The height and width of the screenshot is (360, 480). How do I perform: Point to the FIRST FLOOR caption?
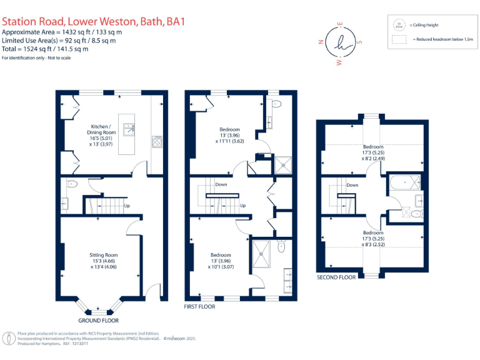click(x=199, y=307)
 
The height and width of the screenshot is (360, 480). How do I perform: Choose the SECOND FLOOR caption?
click(x=337, y=277)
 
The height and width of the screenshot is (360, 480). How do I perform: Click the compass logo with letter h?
click(x=340, y=43)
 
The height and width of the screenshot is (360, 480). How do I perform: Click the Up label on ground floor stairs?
click(x=127, y=206)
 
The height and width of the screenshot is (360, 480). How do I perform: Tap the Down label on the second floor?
click(x=352, y=185)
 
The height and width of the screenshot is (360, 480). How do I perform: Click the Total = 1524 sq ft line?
click(x=45, y=48)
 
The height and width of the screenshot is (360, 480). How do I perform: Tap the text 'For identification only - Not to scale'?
click(x=42, y=57)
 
